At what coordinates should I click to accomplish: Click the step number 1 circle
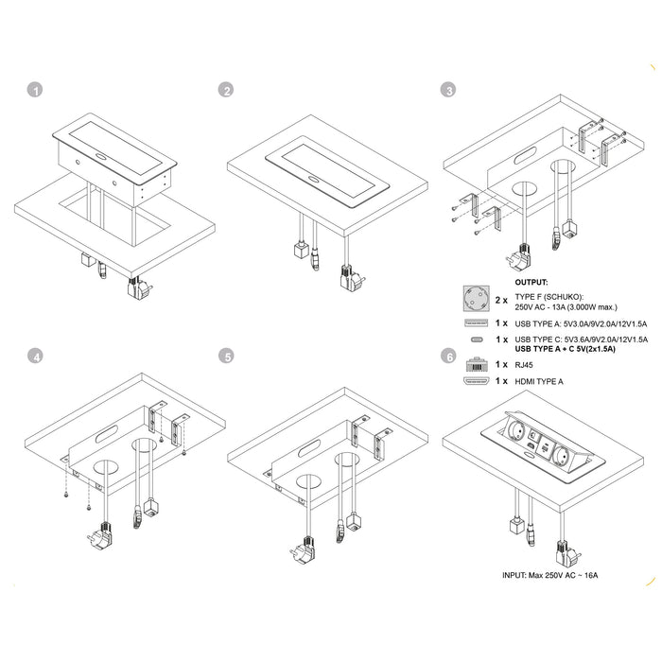pyautogui.click(x=36, y=91)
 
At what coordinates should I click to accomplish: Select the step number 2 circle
pyautogui.click(x=226, y=91)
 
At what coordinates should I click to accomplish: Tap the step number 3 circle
pyautogui.click(x=449, y=91)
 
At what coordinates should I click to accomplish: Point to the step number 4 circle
pyautogui.click(x=36, y=357)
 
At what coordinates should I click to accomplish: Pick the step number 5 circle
pyautogui.click(x=226, y=357)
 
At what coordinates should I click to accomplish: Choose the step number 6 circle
pyautogui.click(x=449, y=357)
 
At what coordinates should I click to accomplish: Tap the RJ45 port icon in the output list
pyautogui.click(x=476, y=361)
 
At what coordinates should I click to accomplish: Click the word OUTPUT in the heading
pyautogui.click(x=531, y=282)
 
